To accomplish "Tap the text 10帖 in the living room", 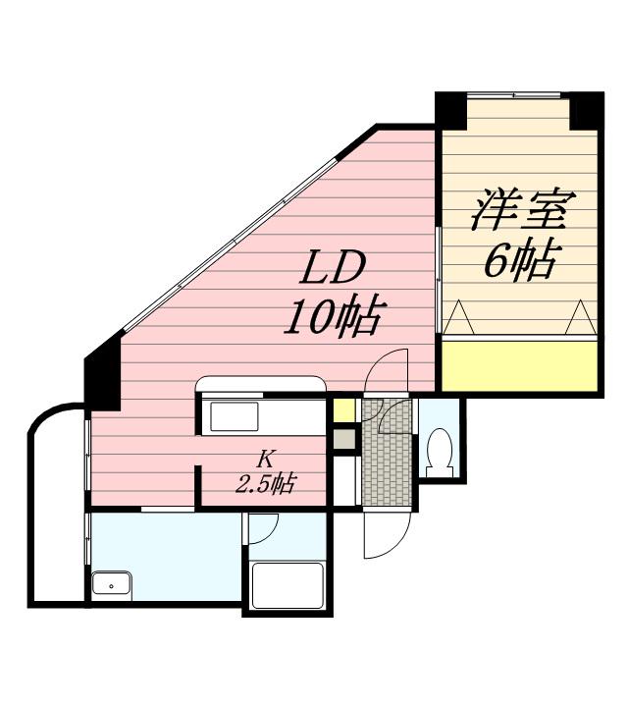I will [332, 316].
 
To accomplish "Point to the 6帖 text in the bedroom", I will [520, 261].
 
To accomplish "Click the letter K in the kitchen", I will [265, 459].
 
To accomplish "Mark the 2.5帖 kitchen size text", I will [265, 483].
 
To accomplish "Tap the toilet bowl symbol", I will [438, 449].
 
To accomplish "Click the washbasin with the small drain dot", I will [117, 586].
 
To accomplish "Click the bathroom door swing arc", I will [263, 527].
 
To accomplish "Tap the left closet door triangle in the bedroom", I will [457, 319].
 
